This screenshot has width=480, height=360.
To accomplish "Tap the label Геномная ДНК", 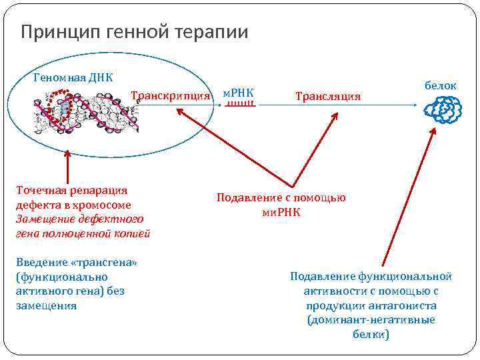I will (73, 77).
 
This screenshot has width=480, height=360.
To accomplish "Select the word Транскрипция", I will (171, 95).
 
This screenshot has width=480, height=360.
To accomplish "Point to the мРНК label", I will (239, 92).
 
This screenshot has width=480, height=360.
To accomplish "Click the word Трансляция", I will (327, 97).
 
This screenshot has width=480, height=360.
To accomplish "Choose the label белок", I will (441, 85).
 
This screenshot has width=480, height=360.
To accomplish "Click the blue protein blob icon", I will (443, 109).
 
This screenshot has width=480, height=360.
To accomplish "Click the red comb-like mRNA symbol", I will (239, 105).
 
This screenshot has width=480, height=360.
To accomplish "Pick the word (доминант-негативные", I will (371, 320).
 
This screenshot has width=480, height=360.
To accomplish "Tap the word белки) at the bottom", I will (371, 335).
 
